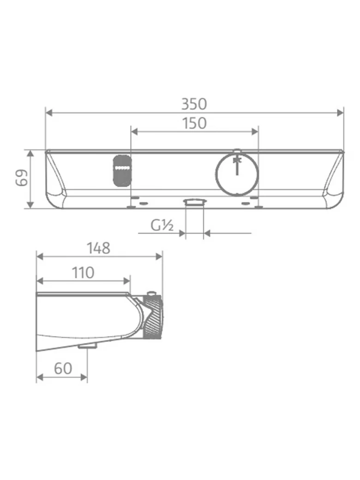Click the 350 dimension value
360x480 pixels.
point(194,104)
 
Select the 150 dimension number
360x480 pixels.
point(194,123)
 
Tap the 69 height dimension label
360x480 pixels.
point(22,178)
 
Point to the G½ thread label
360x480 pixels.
point(162,226)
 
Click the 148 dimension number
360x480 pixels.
point(98,248)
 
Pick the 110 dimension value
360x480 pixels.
point(83,272)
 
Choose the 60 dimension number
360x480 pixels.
point(63,369)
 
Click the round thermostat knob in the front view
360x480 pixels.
point(237,174)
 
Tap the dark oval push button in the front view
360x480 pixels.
point(122,171)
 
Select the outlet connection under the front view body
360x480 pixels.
point(195,202)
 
